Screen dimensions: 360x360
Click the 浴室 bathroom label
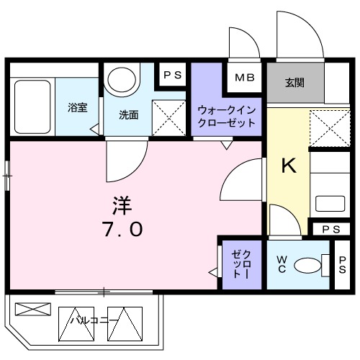(78, 108)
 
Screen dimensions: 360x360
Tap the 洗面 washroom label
(129, 114)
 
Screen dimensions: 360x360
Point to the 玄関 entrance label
(294, 82)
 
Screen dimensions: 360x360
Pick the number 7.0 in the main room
(122, 230)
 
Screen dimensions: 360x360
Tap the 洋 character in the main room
(122, 204)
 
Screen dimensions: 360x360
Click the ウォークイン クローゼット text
(226, 116)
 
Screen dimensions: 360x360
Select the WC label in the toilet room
(282, 264)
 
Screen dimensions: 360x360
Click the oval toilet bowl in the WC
(309, 265)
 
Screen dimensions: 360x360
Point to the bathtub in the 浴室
(32, 107)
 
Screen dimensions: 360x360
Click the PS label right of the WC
(343, 264)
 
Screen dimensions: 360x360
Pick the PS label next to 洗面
(172, 74)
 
